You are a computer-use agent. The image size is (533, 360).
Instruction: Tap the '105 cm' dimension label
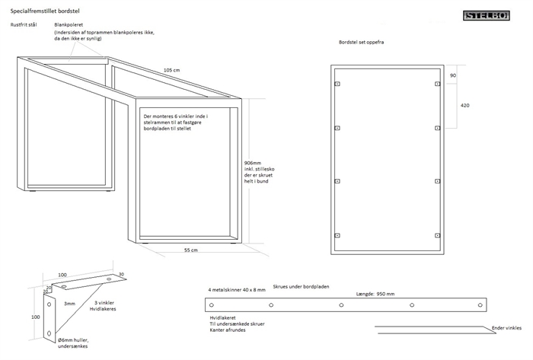point(172,70)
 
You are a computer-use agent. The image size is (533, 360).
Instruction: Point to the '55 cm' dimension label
point(191,250)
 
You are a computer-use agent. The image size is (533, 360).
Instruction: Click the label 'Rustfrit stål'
point(24,25)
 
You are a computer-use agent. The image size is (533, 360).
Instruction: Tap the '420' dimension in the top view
point(464,105)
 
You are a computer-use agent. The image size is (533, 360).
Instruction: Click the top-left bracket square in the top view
point(338,84)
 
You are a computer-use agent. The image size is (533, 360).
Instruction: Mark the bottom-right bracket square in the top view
point(436,233)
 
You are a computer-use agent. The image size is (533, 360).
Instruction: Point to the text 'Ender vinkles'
point(506,328)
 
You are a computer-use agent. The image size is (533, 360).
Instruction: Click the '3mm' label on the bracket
point(69,304)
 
